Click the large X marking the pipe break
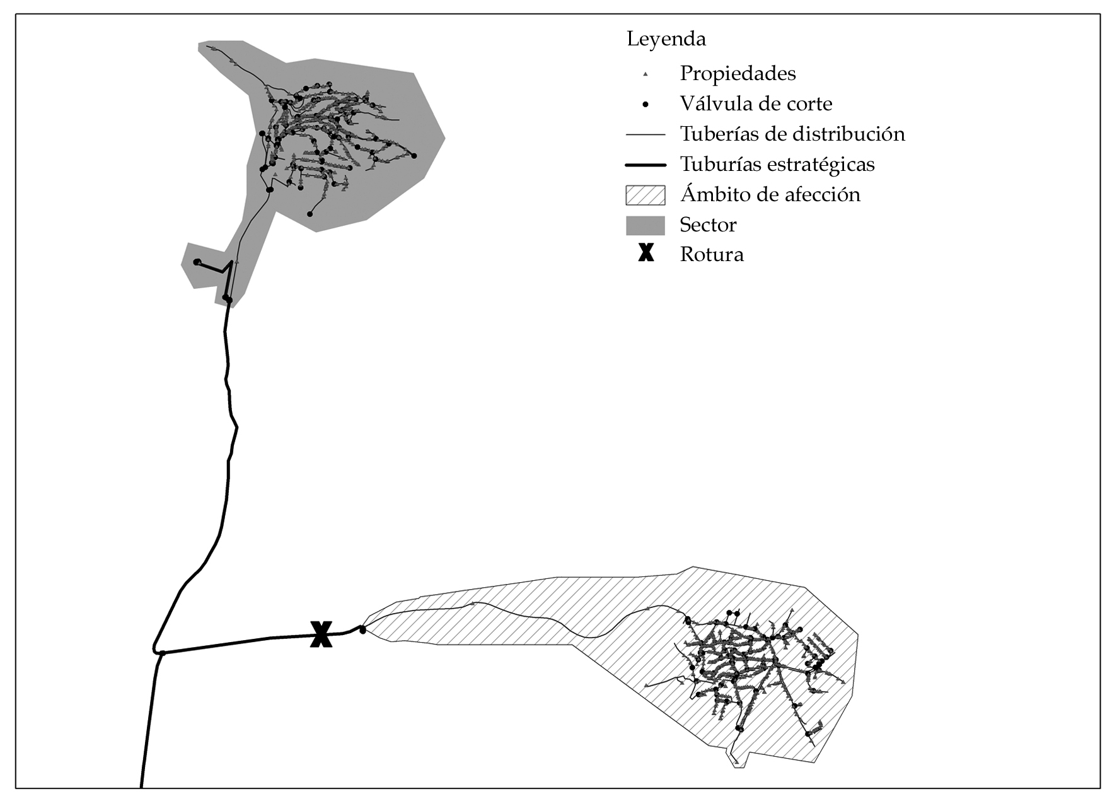(x=321, y=634)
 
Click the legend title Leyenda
(x=666, y=39)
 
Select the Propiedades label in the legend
(x=738, y=73)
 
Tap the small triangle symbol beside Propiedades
(x=645, y=74)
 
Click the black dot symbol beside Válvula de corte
(x=645, y=104)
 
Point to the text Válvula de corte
(x=756, y=103)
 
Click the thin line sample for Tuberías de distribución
(x=645, y=134)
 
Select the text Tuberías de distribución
(x=792, y=134)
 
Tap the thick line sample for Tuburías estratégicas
(x=645, y=165)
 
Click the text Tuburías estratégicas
(x=777, y=164)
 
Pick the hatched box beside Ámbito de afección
(x=645, y=195)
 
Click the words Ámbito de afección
(x=770, y=194)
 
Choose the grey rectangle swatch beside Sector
(x=645, y=225)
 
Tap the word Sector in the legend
(x=708, y=225)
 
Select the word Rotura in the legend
(x=712, y=254)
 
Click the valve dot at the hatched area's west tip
(x=362, y=629)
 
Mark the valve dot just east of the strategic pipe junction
(x=162, y=653)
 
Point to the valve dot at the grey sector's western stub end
(x=197, y=262)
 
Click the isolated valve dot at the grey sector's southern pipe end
(x=310, y=214)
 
